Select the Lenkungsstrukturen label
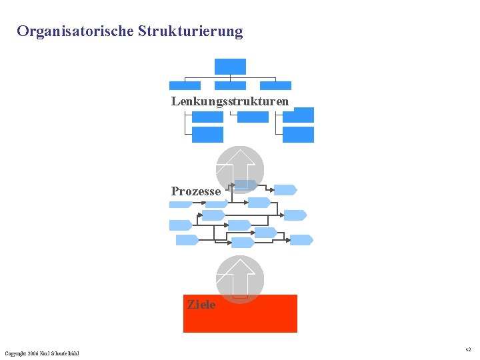click(230, 101)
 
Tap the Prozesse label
click(195, 191)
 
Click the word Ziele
click(201, 305)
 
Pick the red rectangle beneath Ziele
click(240, 320)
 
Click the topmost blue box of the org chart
click(230, 66)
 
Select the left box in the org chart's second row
click(185, 85)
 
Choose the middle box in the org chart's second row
click(230, 85)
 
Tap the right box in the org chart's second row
click(275, 85)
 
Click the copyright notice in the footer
click(41, 353)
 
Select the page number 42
click(468, 349)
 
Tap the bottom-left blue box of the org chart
click(207, 135)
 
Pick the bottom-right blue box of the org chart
click(298, 135)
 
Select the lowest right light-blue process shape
click(301, 240)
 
